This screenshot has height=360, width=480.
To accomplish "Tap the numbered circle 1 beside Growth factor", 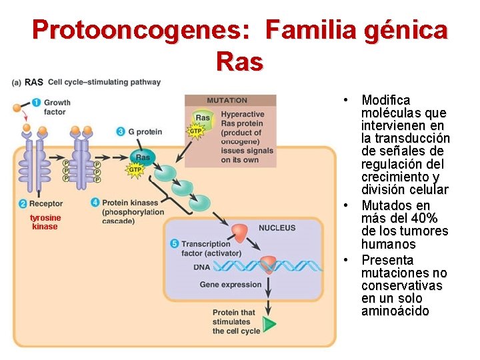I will [x=37, y=103].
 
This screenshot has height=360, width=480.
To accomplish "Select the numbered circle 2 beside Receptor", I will [x=23, y=203].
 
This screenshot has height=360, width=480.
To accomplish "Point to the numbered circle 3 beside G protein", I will [x=121, y=131].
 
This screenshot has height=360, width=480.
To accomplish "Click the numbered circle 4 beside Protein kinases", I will [x=95, y=202].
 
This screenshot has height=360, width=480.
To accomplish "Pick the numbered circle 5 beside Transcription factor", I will [x=175, y=244].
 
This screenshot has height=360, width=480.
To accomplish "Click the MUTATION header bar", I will [x=230, y=101].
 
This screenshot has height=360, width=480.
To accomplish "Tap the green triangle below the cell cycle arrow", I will [x=269, y=325].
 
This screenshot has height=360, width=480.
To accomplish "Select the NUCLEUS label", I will [x=277, y=228].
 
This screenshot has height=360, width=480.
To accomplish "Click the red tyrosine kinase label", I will [x=45, y=222].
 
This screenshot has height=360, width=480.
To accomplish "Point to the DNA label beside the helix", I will [x=201, y=267].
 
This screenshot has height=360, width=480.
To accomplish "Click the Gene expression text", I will [x=231, y=285].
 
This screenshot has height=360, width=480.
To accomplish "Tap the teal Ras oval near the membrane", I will [x=143, y=157].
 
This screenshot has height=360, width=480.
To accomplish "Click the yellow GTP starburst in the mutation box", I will [x=195, y=131].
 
